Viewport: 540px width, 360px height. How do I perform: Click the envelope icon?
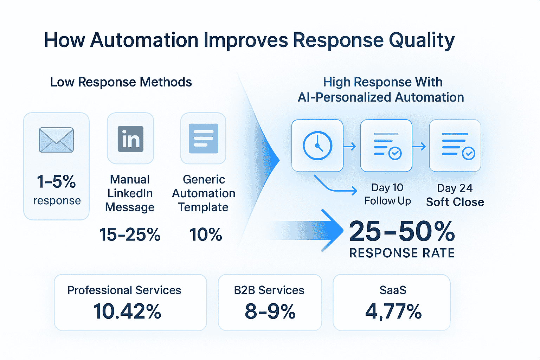tap(56, 140)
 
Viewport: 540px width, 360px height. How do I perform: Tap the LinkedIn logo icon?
tap(130, 139)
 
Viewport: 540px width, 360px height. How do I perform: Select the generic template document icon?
tap(204, 139)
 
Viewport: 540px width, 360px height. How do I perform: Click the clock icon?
tap(317, 146)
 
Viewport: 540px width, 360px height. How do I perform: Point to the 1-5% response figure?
tap(56, 181)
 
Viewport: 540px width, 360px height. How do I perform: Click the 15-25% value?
tap(130, 234)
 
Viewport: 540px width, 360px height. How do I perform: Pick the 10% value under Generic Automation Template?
tap(205, 234)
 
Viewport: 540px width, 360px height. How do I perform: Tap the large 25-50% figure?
tap(402, 231)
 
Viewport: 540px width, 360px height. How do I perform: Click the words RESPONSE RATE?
tap(402, 253)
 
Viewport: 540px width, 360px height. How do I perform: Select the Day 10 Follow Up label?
tap(387, 194)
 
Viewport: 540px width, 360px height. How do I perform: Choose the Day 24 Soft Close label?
tap(455, 195)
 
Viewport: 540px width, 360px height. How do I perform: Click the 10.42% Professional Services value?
tap(127, 311)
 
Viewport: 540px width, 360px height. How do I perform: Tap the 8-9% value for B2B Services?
tap(270, 311)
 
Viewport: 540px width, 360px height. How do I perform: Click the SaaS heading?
tap(393, 290)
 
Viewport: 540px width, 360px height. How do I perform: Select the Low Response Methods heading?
tap(121, 82)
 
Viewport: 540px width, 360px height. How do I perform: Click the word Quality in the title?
tap(422, 40)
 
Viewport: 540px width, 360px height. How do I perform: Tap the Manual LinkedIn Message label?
tap(130, 193)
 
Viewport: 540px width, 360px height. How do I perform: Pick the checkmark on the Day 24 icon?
tap(468, 153)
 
